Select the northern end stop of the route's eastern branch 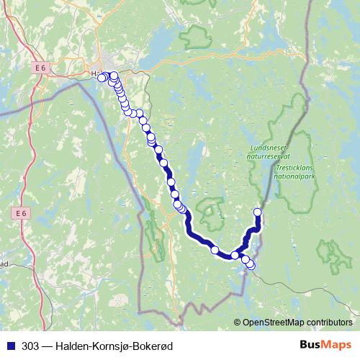(x=258, y=212)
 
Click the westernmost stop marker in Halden (x=102, y=77)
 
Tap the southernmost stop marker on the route (x=251, y=266)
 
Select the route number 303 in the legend (x=30, y=346)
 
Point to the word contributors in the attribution (x=330, y=323)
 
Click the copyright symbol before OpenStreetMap (x=238, y=323)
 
